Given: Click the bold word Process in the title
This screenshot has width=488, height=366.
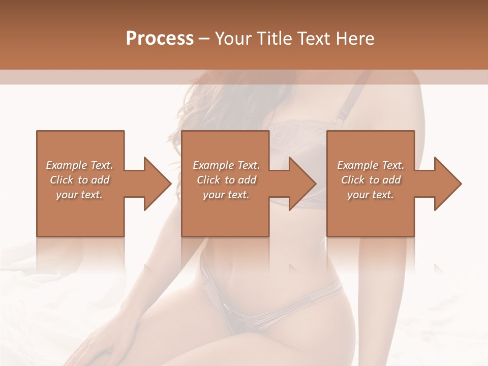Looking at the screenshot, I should point(160,39).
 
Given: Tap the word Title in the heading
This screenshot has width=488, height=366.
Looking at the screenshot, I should point(272,39).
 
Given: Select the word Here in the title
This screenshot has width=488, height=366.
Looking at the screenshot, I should point(356,39).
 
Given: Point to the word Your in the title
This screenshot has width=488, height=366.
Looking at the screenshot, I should point(234,39).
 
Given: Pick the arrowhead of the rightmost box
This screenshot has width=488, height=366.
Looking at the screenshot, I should point(447,184).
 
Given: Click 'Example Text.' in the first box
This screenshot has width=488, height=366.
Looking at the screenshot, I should point(79,165).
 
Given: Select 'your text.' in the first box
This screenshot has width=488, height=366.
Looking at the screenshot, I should point(79,195).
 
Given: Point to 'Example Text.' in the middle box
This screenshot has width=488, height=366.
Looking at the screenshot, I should point(226,165).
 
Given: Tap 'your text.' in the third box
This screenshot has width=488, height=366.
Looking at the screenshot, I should point(371,195).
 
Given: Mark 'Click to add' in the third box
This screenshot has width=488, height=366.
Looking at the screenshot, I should point(371,180).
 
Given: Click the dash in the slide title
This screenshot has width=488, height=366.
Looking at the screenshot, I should point(204,39).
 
